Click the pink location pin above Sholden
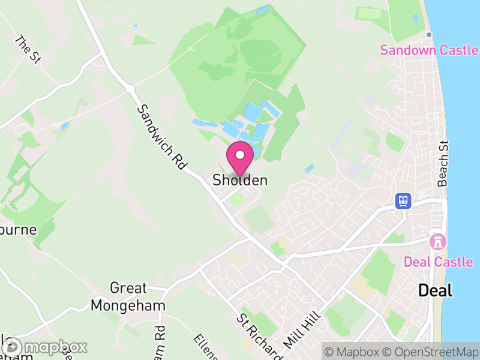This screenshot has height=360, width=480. (240, 158)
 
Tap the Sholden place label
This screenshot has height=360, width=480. (240, 180)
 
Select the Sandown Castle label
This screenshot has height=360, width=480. (429, 50)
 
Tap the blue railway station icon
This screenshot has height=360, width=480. (403, 201)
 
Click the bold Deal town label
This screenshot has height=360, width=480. (435, 290)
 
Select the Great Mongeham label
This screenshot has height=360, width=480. (128, 297)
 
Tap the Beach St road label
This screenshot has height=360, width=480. (443, 164)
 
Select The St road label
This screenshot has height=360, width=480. (28, 50)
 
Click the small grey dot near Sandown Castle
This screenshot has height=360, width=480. (430, 34)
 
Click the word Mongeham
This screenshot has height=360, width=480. (128, 305)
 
